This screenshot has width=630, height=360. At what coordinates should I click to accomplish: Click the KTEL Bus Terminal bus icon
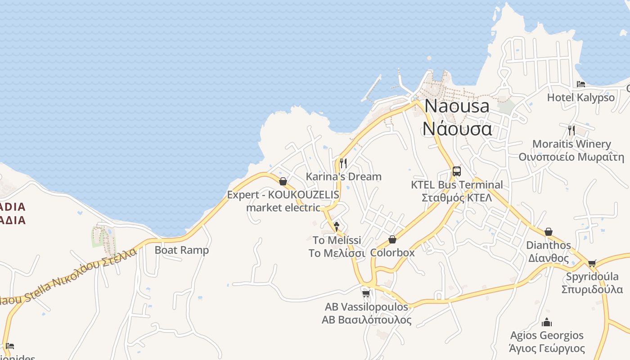click(456, 171)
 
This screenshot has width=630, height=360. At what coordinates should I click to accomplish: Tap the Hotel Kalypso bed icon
click(581, 84)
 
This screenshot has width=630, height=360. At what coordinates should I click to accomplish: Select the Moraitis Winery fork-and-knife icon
click(571, 130)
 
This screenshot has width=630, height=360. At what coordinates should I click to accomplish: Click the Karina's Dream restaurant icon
click(343, 163)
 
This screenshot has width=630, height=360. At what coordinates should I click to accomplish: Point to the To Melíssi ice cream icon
click(336, 226)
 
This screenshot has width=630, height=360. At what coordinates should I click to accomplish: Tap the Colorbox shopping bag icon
click(392, 239)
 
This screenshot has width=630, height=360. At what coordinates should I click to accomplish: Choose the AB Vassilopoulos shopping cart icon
click(366, 293)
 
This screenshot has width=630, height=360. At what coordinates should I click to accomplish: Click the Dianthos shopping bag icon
click(548, 232)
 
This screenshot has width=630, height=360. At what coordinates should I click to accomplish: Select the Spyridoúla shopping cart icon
click(592, 263)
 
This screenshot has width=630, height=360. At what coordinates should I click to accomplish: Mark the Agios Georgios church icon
click(547, 322)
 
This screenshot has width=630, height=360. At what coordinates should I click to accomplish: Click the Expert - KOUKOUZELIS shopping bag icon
click(283, 181)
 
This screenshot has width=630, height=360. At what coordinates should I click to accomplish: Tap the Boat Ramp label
click(182, 250)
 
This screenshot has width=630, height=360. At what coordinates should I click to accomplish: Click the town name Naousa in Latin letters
click(457, 106)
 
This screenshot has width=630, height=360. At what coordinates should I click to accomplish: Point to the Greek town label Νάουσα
click(457, 129)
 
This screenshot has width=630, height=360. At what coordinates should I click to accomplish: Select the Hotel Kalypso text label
click(580, 98)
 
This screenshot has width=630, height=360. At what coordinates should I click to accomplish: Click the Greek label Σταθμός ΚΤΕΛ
click(457, 198)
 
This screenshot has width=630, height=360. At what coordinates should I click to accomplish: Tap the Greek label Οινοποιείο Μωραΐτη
click(571, 157)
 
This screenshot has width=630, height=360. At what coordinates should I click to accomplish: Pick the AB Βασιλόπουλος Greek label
click(366, 320)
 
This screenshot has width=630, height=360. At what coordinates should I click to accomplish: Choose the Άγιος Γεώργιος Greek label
click(547, 348)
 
